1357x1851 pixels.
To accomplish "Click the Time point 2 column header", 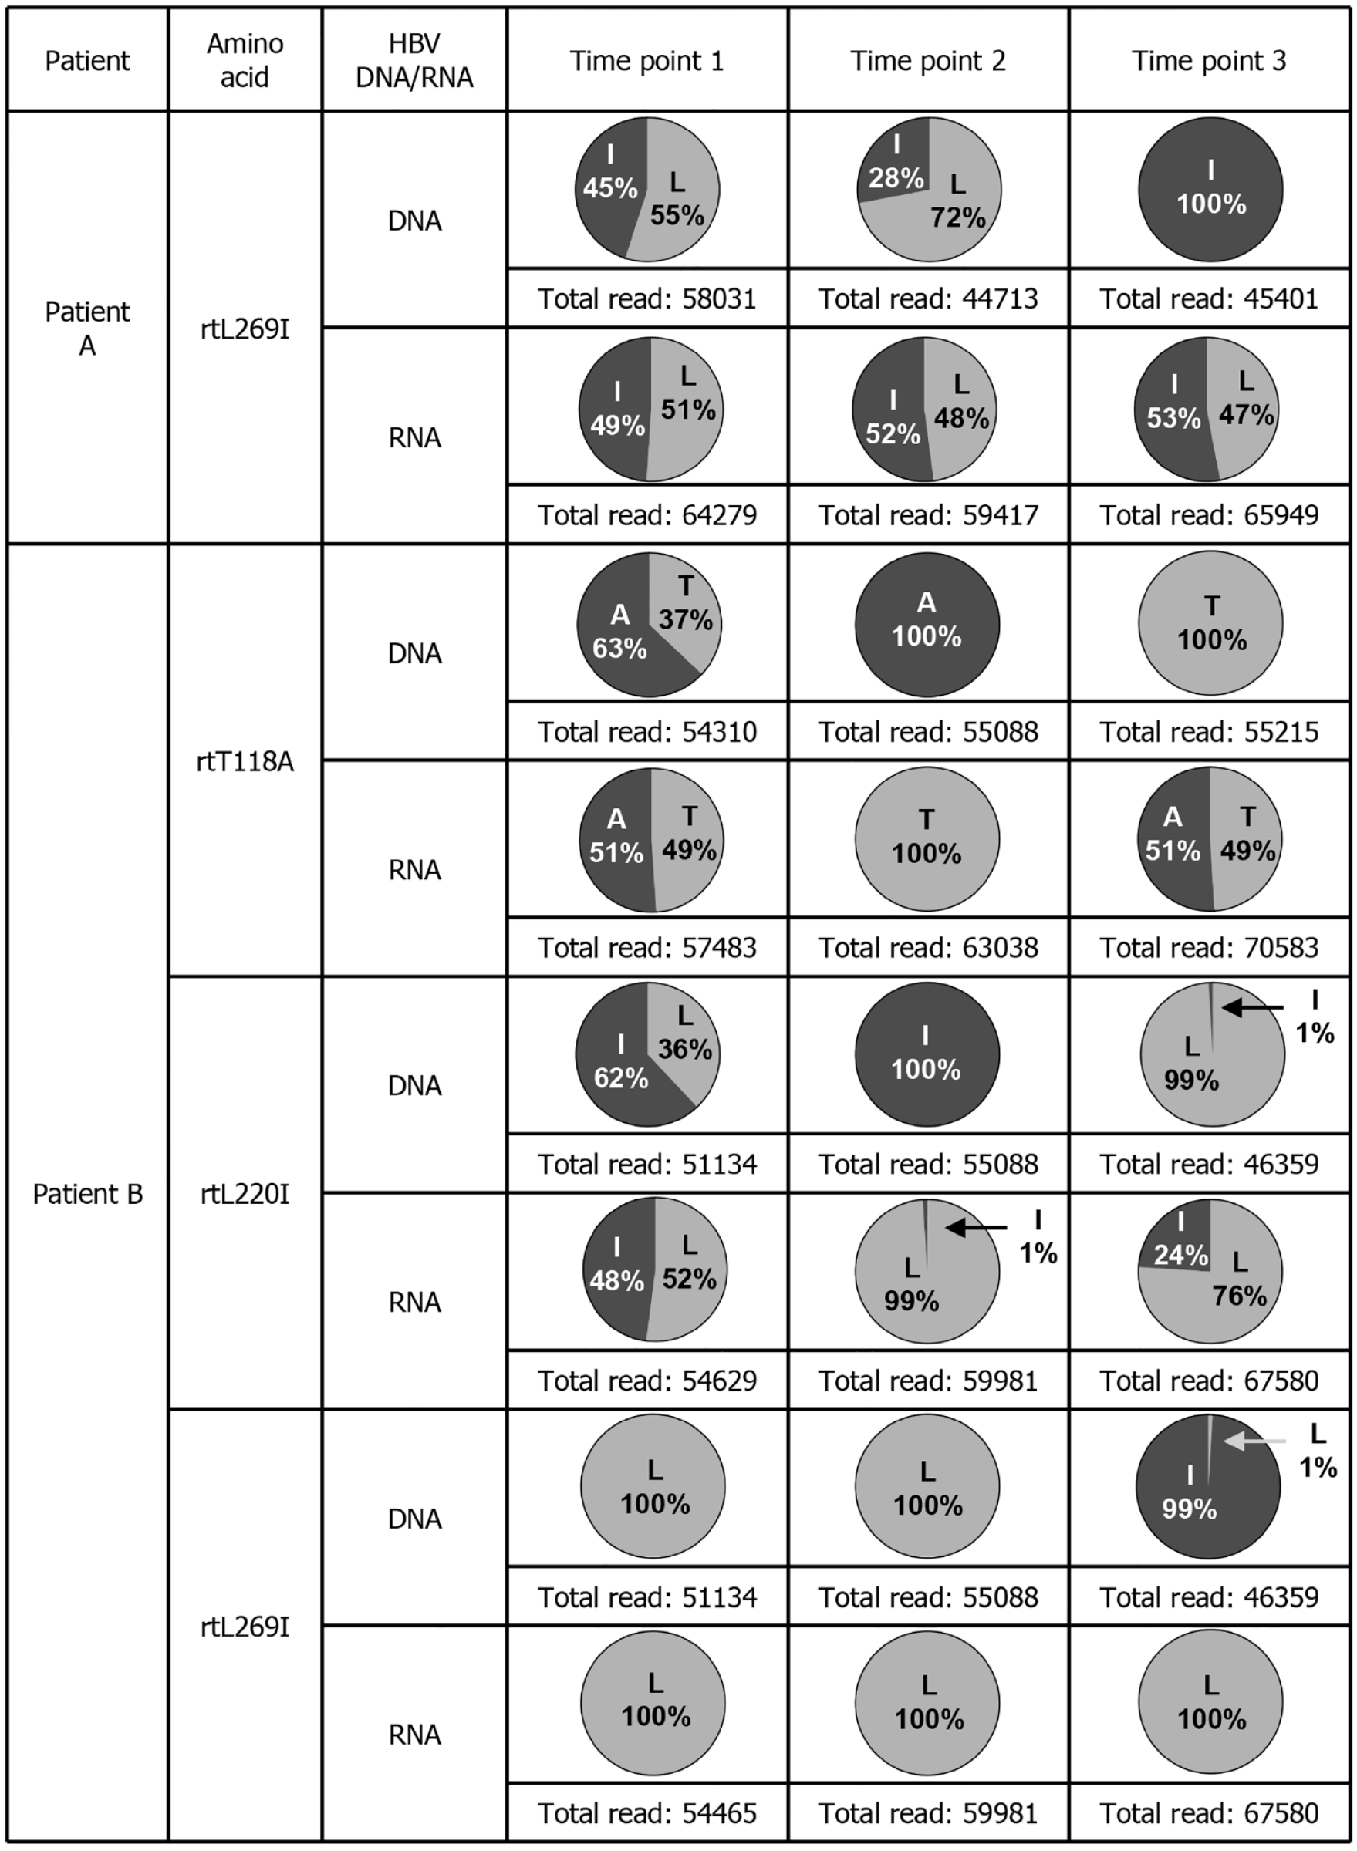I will coord(927,61).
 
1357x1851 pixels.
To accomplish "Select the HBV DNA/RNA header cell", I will coord(414,61).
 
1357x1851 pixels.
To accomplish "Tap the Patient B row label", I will coord(87,1193).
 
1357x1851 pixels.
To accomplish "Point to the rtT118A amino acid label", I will coord(245,761).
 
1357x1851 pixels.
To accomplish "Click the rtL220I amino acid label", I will coord(245,1193).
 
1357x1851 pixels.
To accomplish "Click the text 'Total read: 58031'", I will coord(647,298).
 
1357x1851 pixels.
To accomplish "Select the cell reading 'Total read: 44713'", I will coord(927,298).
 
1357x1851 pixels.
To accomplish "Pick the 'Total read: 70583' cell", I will coord(1208,947).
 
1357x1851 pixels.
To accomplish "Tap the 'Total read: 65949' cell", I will coord(1208,515).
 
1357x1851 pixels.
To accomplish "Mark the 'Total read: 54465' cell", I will coord(647,1812).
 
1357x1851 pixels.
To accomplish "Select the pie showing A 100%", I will coord(927,624).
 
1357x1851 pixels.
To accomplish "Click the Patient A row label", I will coord(87,329).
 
